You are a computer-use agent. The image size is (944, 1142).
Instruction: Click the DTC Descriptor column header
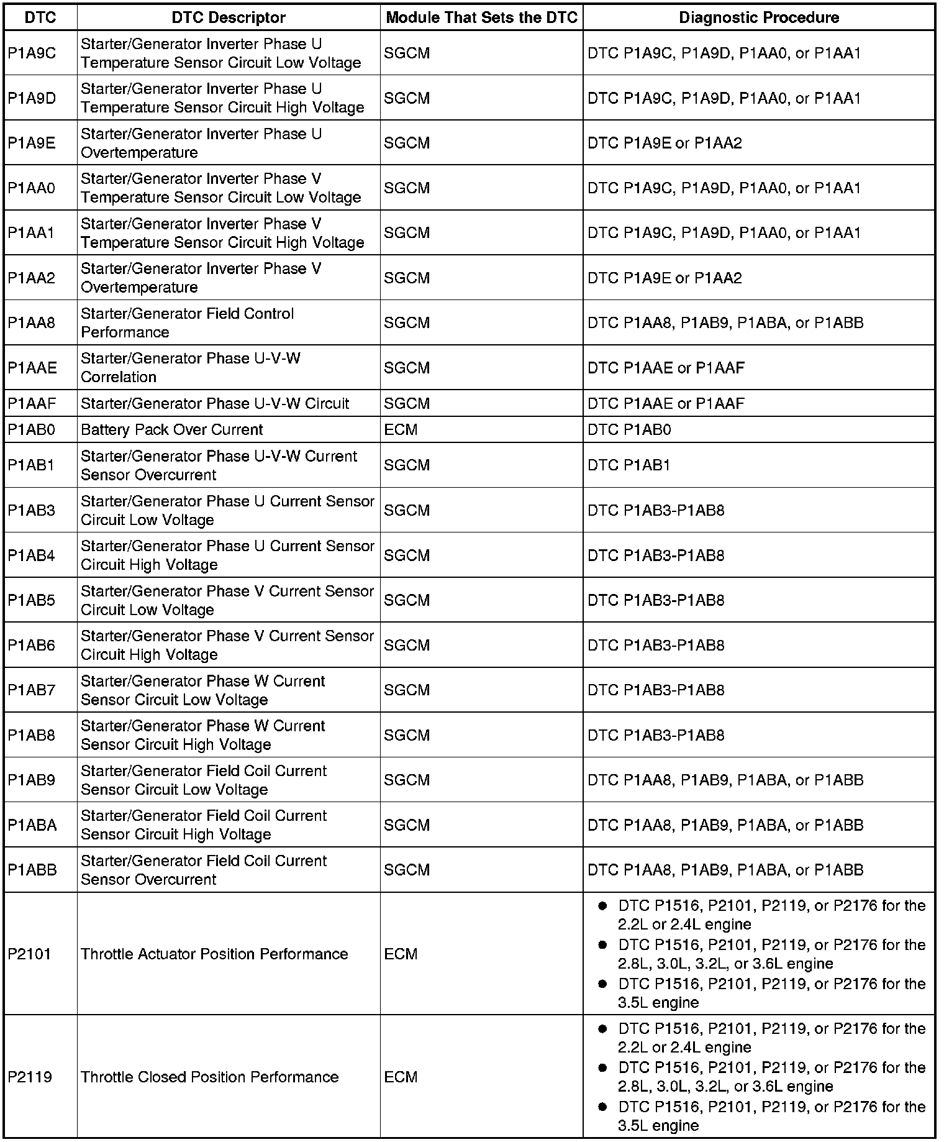point(228,17)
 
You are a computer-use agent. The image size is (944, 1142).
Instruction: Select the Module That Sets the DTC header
point(481,17)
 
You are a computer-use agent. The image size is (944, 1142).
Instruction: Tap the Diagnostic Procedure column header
point(758,17)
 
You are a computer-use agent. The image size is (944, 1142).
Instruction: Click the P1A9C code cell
point(32,53)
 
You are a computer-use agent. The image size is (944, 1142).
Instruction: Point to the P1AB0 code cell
point(32,430)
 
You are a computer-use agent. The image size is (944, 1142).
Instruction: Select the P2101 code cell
point(30,954)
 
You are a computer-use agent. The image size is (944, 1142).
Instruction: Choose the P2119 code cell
point(30,1077)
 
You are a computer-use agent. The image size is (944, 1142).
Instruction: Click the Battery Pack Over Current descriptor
point(172,430)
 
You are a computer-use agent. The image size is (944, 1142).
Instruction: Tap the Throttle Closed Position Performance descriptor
point(210,1077)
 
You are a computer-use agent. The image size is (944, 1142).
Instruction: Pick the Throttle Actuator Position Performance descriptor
point(214,954)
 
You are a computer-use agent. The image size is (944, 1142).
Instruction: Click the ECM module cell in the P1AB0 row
point(401,430)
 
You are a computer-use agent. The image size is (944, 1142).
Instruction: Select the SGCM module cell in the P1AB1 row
point(407,465)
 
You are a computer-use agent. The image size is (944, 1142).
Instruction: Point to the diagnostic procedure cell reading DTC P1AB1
point(629,465)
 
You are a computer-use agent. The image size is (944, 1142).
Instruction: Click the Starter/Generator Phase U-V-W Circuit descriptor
point(215,404)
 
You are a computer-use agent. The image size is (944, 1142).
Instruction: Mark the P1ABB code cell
point(32,870)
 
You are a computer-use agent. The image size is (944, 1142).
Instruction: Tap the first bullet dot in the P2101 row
point(602,907)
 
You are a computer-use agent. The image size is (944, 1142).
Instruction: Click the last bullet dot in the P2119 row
point(602,1107)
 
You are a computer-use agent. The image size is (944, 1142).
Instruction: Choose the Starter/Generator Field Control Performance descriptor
point(187,322)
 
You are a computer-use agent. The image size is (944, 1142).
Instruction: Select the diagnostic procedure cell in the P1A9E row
point(665,144)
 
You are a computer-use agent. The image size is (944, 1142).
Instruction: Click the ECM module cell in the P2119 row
point(401,1077)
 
